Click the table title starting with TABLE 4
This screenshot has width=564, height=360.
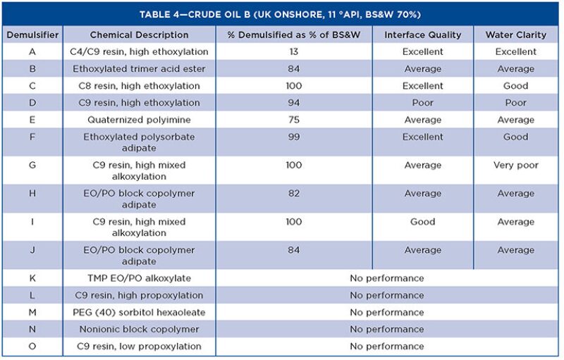coord(281,14)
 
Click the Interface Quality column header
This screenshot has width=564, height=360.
coord(422,35)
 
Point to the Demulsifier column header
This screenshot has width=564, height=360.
coord(32,35)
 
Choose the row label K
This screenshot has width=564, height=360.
coord(32,278)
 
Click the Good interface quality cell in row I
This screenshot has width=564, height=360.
coord(422,222)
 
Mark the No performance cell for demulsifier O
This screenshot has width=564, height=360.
coord(386,347)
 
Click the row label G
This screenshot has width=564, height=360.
coord(32,166)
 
